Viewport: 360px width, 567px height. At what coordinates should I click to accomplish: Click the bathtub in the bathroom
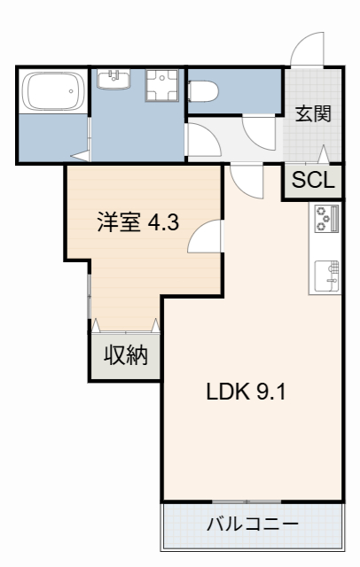coord(52,91)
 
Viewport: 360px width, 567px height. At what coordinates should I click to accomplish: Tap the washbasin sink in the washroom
coord(113,82)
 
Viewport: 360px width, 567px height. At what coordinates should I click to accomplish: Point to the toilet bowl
coord(204,89)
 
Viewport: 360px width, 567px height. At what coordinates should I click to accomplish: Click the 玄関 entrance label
coord(314,113)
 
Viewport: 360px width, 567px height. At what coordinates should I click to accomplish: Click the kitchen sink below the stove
coord(325,275)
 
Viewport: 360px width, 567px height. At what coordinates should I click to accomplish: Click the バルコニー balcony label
coord(252,524)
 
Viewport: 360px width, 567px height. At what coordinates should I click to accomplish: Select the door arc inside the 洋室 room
coord(205,237)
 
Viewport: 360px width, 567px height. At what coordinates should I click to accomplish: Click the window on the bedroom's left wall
coord(89,297)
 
